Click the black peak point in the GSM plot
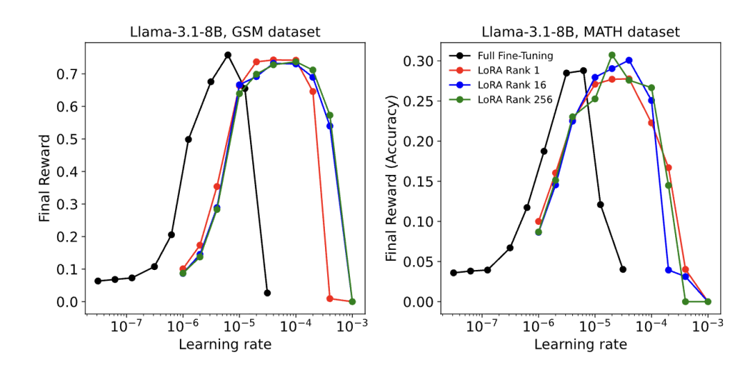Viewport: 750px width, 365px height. (228, 55)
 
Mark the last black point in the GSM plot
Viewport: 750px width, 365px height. (267, 293)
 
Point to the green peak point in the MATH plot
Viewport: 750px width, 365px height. (612, 55)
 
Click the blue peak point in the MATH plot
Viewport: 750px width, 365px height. (629, 60)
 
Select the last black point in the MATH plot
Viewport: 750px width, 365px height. (623, 269)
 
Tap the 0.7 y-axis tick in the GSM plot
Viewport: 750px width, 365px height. (69, 74)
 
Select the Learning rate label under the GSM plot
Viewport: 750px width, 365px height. (224, 344)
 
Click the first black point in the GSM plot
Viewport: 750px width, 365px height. (98, 281)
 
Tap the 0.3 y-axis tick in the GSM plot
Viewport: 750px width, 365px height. (69, 204)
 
